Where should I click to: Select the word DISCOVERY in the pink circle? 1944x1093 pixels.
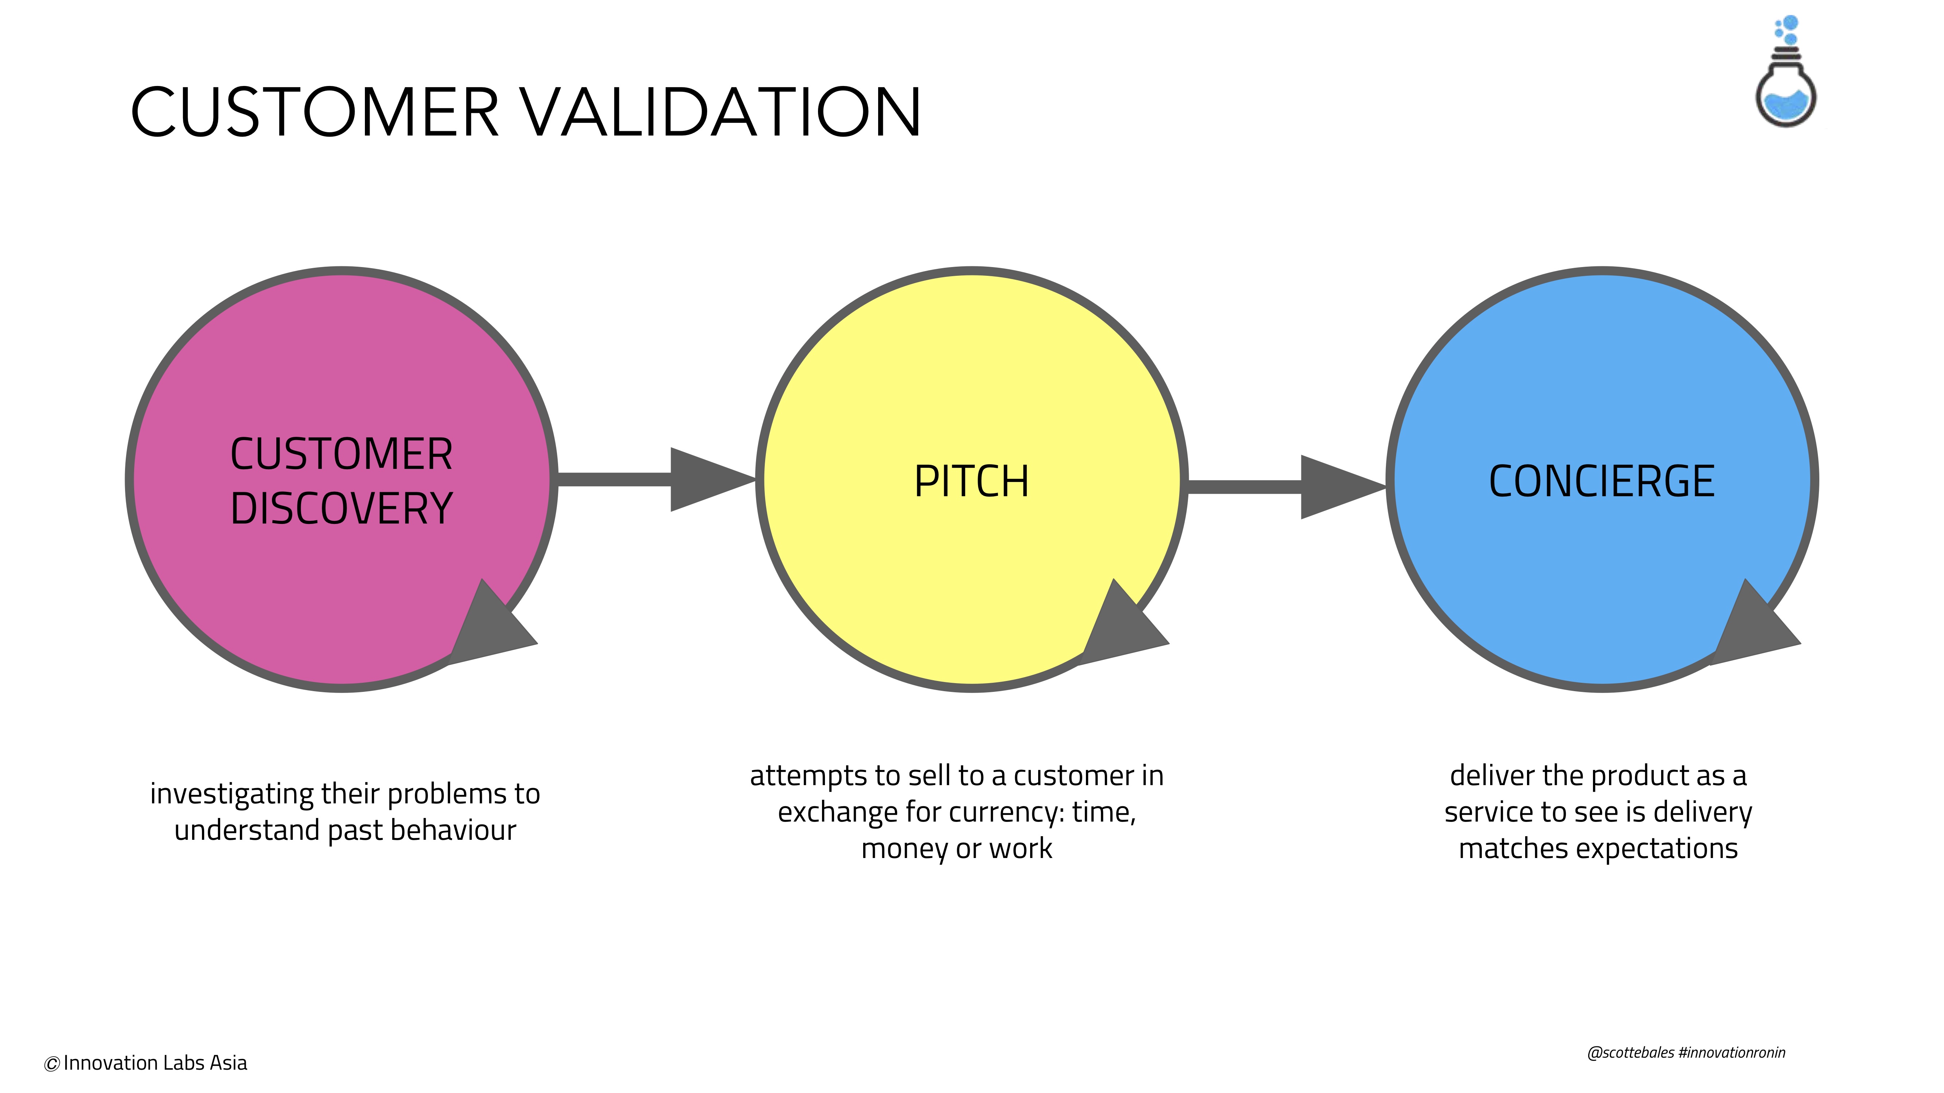click(x=341, y=508)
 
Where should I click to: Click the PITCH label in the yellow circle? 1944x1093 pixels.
click(x=971, y=481)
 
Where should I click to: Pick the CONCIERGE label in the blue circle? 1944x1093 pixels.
click(x=1601, y=481)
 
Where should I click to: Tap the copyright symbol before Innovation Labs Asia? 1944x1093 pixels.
click(x=51, y=1064)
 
